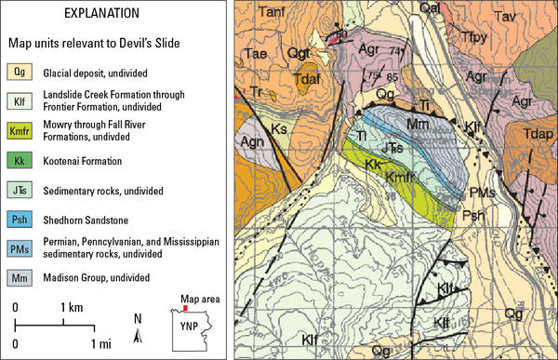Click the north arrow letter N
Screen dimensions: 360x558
138,318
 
